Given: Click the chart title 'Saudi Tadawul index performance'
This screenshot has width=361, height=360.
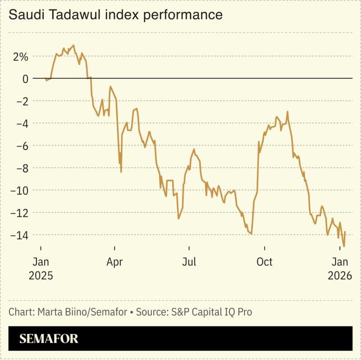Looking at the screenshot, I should coord(116,15).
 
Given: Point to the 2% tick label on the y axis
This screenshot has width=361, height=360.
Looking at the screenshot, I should coord(20,57).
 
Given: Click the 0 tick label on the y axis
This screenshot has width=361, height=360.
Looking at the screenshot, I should coord(24,79).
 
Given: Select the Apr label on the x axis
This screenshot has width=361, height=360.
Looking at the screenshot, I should coord(115,262).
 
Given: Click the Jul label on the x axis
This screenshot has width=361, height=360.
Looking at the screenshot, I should coord(189,262).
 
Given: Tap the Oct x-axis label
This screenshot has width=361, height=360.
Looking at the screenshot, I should coord(264,262).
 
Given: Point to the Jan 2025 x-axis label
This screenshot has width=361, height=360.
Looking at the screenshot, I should coord(41,269).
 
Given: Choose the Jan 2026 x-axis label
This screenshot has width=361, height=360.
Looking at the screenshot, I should coord(339,269).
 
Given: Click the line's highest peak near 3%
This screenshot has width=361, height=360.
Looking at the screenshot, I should coord(74,45).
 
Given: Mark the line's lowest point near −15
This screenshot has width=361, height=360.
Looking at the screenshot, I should coord(344,246).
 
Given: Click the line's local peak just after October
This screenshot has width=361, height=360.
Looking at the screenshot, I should coord(287,112).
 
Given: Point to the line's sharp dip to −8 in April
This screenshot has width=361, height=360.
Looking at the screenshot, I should coord(121,172).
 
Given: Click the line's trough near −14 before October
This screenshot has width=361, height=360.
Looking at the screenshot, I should coord(251,233).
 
